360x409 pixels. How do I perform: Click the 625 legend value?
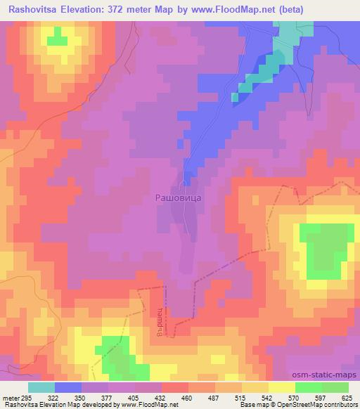pos(348,398)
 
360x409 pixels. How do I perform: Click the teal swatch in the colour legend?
pos(41,387)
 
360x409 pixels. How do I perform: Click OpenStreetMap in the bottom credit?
pos(329,405)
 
